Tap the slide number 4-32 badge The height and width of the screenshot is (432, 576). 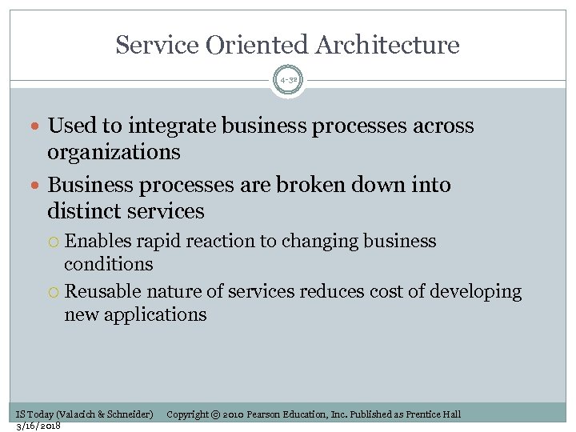288,81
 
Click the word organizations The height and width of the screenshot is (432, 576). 114,152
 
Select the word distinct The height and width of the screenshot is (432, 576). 82,211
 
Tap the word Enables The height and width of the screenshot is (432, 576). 98,242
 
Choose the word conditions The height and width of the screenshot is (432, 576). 108,264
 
